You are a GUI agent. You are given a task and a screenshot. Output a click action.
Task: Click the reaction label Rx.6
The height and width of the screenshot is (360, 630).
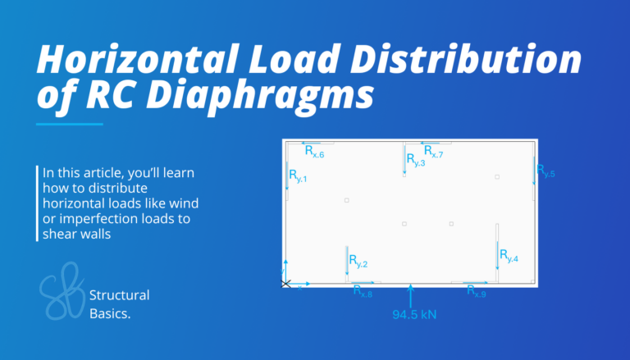click(315, 152)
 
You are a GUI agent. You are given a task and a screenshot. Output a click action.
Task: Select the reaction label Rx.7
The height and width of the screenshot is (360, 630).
click(433, 152)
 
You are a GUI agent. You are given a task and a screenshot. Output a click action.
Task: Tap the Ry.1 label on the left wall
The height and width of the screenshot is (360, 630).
click(298, 175)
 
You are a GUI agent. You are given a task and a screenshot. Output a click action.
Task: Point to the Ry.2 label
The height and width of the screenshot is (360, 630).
click(358, 262)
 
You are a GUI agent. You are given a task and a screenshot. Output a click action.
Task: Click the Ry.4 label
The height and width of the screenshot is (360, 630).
click(509, 257)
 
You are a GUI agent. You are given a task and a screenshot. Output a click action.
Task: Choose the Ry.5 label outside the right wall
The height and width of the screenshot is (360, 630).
click(546, 171)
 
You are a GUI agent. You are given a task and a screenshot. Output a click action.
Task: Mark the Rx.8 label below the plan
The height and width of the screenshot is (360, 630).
click(363, 291)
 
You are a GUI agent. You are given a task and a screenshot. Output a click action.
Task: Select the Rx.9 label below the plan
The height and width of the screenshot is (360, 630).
click(477, 291)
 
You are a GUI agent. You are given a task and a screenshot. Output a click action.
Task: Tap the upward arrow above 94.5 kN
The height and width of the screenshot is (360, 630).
click(410, 294)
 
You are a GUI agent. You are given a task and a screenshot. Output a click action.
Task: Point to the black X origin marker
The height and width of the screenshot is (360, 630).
click(285, 284)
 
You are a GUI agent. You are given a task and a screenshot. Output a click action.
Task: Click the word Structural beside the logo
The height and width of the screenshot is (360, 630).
click(119, 294)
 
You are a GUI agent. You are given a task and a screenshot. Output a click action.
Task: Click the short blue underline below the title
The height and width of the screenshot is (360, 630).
click(70, 125)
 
